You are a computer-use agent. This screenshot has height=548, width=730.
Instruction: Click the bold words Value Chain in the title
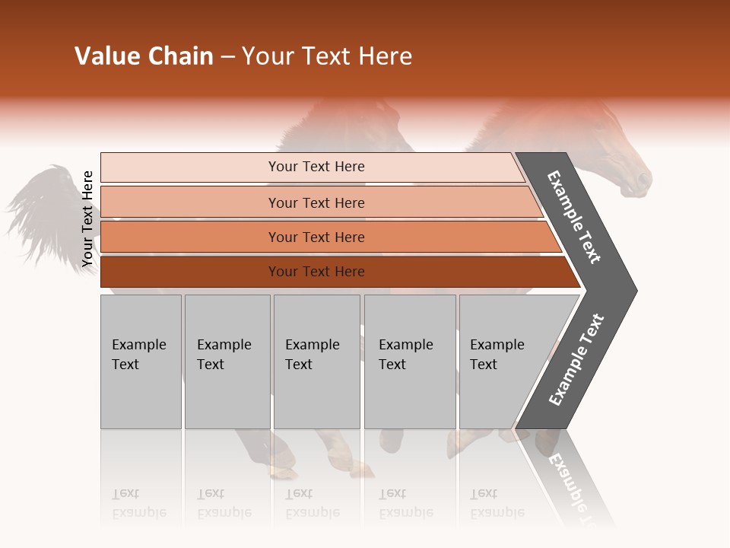tap(144, 56)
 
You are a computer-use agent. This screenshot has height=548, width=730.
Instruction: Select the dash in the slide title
tap(227, 57)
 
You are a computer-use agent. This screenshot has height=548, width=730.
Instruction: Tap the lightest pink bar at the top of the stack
tap(312, 167)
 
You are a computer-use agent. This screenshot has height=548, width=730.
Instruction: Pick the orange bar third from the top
tap(319, 237)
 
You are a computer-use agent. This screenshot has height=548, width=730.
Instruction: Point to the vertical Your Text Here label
tap(87, 219)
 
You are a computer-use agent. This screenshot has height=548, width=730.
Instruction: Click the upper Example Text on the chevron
tap(575, 217)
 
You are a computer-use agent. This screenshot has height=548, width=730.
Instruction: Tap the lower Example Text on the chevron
tap(576, 360)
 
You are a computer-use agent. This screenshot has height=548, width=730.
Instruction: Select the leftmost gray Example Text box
tap(141, 362)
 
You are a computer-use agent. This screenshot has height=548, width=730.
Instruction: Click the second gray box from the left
tap(227, 362)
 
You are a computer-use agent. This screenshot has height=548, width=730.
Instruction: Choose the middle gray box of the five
tap(316, 362)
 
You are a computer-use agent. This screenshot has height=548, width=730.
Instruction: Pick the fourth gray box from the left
tap(410, 362)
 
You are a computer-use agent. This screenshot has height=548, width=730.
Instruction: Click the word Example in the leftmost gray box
tap(138, 345)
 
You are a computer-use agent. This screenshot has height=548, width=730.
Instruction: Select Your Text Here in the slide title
tap(327, 57)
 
